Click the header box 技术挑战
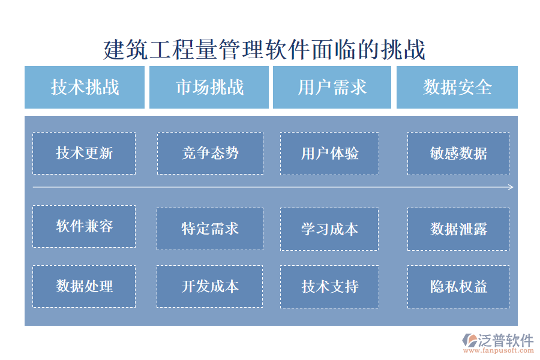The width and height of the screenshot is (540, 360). pyautogui.click(x=85, y=87)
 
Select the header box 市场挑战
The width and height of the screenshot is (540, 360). pyautogui.click(x=209, y=87)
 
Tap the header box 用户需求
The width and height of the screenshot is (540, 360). pyautogui.click(x=332, y=87)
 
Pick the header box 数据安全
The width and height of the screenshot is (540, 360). pyautogui.click(x=457, y=87)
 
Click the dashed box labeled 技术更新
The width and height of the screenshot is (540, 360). pyautogui.click(x=84, y=154)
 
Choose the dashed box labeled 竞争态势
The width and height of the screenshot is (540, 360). pyautogui.click(x=210, y=154)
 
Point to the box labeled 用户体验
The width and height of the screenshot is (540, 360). pyautogui.click(x=329, y=154)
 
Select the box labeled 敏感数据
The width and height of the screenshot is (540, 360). pyautogui.click(x=458, y=154)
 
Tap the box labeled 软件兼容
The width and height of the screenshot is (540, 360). pyautogui.click(x=84, y=226)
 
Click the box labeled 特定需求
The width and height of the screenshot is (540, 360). pyautogui.click(x=210, y=229)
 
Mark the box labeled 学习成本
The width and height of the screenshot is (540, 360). pyautogui.click(x=329, y=229)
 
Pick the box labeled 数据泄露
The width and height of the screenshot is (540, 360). pyautogui.click(x=458, y=229)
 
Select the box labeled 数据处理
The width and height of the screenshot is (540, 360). pyautogui.click(x=84, y=286)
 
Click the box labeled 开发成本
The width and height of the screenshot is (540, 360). pyautogui.click(x=210, y=286)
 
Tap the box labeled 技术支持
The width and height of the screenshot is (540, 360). pyautogui.click(x=329, y=286)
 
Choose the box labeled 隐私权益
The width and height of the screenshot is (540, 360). pyautogui.click(x=458, y=286)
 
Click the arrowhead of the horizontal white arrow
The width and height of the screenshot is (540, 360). pyautogui.click(x=511, y=187)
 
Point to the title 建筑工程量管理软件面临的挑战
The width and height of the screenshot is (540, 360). pyautogui.click(x=265, y=50)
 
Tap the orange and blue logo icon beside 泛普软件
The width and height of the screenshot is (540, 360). pyautogui.click(x=468, y=341)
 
